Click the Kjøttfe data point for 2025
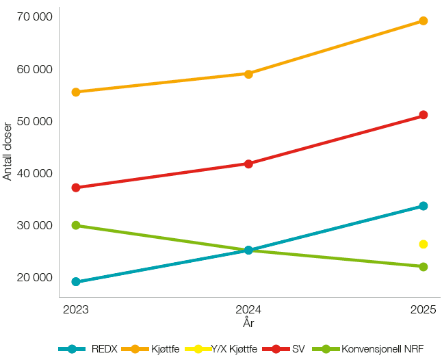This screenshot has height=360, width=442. [424, 21]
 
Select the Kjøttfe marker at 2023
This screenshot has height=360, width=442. [76, 92]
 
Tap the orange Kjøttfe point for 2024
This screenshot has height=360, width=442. [248, 74]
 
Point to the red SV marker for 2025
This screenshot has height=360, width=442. [424, 115]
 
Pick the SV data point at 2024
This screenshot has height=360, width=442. [248, 164]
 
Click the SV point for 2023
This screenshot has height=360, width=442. [76, 188]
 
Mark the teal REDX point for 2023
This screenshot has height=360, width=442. [76, 281]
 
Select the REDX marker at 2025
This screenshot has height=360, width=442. [424, 206]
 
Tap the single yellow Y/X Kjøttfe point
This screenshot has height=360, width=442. [424, 244]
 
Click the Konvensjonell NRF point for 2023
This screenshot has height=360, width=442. [76, 225]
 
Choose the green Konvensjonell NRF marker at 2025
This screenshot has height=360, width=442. [424, 266]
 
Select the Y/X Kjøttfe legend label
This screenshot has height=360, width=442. [235, 349]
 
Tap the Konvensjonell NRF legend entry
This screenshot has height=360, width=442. [382, 349]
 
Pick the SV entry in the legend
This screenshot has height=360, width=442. [298, 349]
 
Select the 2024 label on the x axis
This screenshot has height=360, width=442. [248, 309]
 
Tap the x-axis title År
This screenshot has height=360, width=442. [248, 322]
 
